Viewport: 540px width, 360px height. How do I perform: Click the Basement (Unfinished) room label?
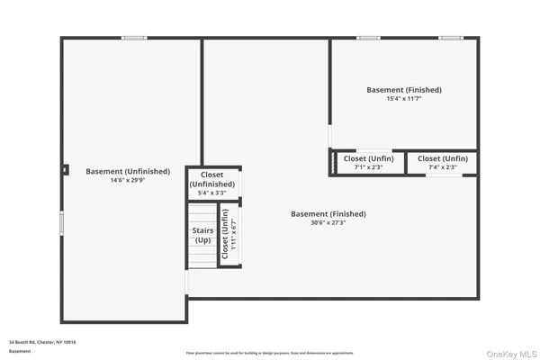coord(127,171)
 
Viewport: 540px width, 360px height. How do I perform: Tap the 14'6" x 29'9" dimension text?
coord(127,180)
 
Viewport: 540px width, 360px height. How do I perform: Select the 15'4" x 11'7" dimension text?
coord(404,99)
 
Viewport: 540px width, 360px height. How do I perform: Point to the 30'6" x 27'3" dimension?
coord(328,223)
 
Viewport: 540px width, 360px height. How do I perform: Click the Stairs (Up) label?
coord(202,236)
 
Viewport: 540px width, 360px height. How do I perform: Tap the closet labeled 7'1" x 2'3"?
coord(367,163)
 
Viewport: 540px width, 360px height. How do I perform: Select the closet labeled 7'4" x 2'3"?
coord(442,163)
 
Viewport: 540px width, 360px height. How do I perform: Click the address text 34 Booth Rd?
coord(42,342)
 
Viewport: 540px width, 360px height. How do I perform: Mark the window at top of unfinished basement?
coord(135,38)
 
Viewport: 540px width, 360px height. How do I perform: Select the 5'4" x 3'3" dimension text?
coord(212,193)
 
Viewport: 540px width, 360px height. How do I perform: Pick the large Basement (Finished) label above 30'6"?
coord(328,213)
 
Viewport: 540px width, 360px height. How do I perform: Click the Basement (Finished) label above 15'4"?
coord(404,89)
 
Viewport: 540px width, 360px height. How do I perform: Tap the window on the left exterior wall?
coord(61,222)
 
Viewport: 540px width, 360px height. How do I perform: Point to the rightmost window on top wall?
coord(451,38)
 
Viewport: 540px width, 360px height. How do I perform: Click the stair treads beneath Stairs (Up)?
coord(202,257)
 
